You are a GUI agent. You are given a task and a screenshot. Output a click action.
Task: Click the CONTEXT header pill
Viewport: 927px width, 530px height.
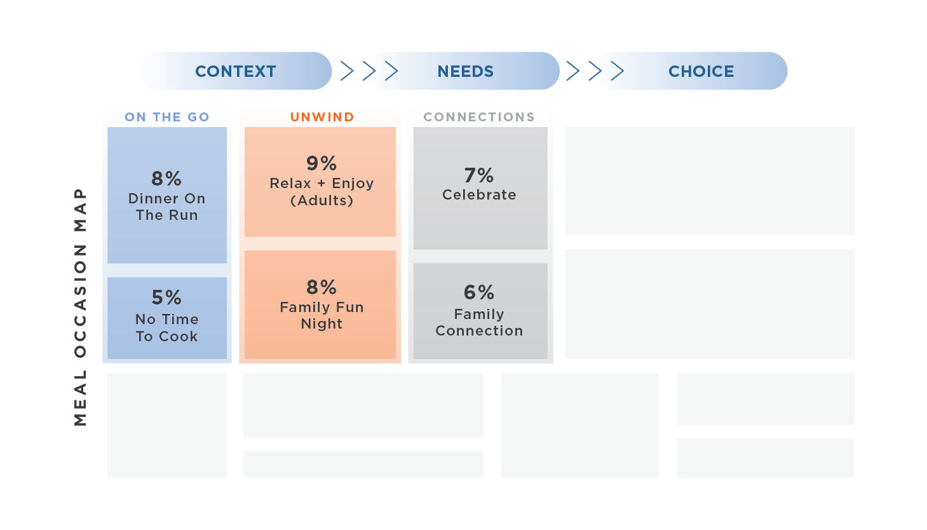pyautogui.click(x=235, y=71)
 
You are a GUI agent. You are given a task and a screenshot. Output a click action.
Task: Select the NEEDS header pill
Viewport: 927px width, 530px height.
pyautogui.click(x=464, y=71)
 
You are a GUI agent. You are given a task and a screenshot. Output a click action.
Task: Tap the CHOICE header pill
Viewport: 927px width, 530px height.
pyautogui.click(x=700, y=71)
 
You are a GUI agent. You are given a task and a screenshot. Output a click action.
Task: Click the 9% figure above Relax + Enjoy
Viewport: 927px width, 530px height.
pyautogui.click(x=321, y=163)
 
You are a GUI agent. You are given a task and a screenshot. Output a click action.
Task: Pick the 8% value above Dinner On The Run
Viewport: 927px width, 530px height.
pyautogui.click(x=166, y=179)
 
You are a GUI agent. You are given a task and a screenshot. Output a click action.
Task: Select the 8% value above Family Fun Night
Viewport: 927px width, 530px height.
pyautogui.click(x=321, y=287)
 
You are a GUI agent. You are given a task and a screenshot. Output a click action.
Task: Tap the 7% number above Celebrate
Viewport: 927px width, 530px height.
pyautogui.click(x=479, y=175)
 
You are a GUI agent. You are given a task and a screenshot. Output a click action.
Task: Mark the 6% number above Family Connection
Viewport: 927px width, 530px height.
pyautogui.click(x=479, y=292)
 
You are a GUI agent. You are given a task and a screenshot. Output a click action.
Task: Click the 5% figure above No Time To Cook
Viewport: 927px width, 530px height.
pyautogui.click(x=166, y=297)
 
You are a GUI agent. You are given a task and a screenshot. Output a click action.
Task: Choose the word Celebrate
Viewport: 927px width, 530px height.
pyautogui.click(x=479, y=195)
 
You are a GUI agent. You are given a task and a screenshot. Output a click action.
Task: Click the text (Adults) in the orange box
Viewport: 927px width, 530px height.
pyautogui.click(x=321, y=201)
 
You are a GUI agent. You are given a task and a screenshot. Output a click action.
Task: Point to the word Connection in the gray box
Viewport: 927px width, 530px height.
pyautogui.click(x=479, y=331)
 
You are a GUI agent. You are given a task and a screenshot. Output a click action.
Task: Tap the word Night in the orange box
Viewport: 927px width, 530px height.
pyautogui.click(x=321, y=324)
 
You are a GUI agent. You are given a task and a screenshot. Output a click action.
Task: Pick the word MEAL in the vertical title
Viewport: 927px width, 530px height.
pyautogui.click(x=80, y=398)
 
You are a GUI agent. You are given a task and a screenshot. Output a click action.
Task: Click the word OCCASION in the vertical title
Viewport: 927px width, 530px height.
pyautogui.click(x=80, y=301)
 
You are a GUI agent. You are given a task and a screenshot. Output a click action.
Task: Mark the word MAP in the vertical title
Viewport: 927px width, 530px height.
pyautogui.click(x=80, y=210)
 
